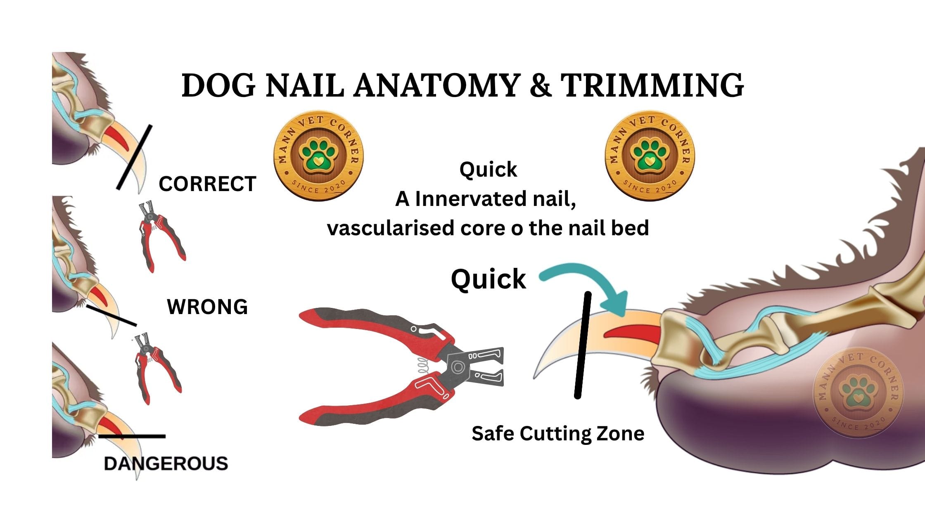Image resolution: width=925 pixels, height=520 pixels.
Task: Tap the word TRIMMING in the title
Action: pyautogui.click(x=652, y=85)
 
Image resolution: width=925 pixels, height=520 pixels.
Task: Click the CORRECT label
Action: pyautogui.click(x=207, y=184)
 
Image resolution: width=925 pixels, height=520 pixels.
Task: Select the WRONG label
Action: pyautogui.click(x=207, y=307)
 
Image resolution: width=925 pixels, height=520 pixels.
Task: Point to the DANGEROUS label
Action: pyautogui.click(x=166, y=463)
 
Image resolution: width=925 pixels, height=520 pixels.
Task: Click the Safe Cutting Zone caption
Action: pyautogui.click(x=558, y=434)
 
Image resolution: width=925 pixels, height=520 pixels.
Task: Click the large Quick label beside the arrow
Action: pyautogui.click(x=489, y=279)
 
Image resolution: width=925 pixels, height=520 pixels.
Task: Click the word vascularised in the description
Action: pyautogui.click(x=390, y=228)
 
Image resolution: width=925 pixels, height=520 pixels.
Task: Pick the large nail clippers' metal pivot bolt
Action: pyautogui.click(x=458, y=366)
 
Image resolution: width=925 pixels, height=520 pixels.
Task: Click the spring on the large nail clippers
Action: pyautogui.click(x=422, y=366)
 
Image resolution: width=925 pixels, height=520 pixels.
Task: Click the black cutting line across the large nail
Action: pyautogui.click(x=583, y=345)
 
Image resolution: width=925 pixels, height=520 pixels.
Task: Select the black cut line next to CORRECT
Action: pyautogui.click(x=134, y=157)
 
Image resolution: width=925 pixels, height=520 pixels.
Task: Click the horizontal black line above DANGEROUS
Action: pyautogui.click(x=132, y=436)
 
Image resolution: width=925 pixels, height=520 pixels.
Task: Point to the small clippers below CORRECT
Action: pyautogui.click(x=161, y=236)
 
